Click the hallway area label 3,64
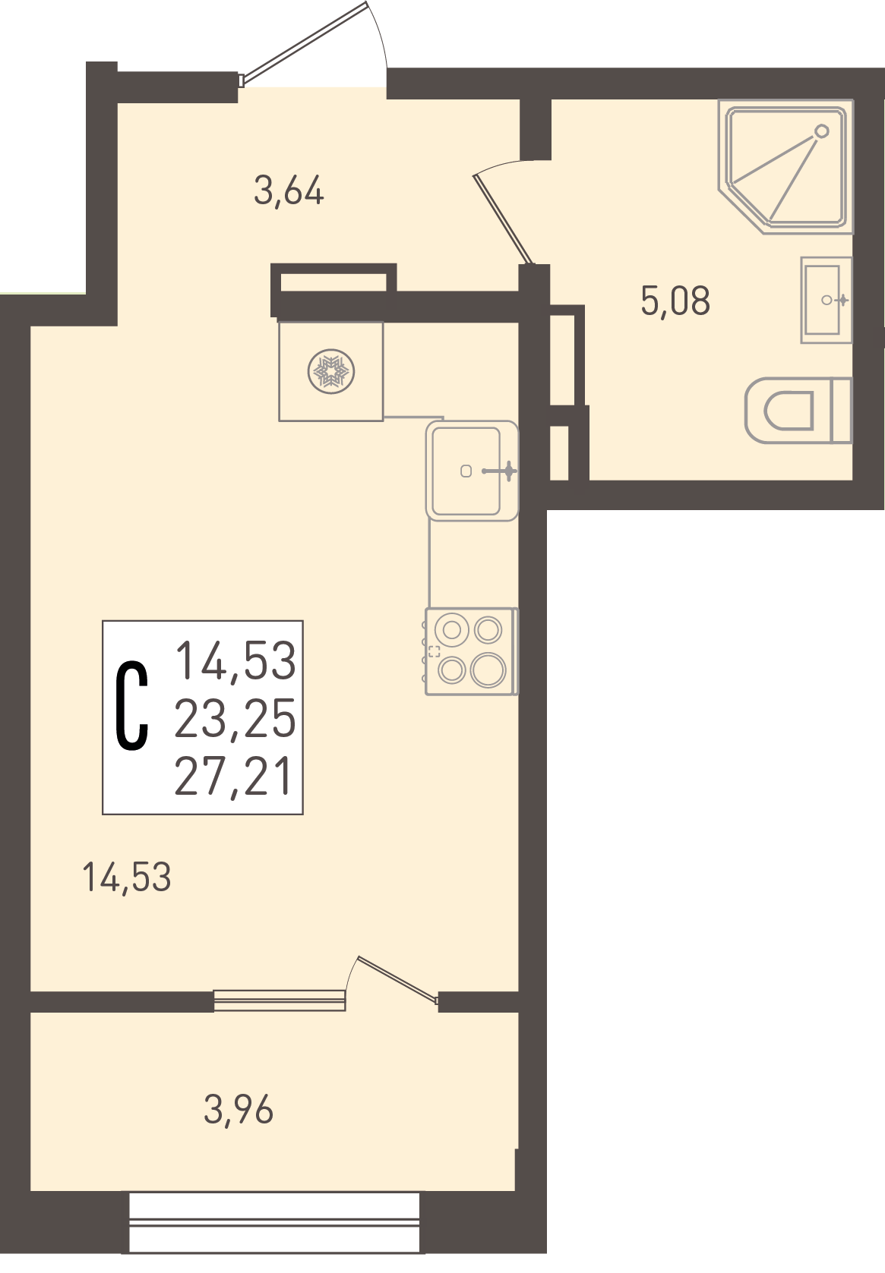tap(289, 191)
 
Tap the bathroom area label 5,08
tap(675, 301)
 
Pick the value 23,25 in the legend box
tap(235, 718)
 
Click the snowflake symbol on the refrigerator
tap(331, 372)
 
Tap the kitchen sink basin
tap(466, 471)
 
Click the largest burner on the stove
tap(488, 670)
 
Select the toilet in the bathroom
tap(798, 411)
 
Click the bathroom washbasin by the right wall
tap(826, 300)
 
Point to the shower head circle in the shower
tap(821, 131)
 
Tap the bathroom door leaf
tap(504, 219)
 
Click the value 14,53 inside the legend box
tap(235, 660)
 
